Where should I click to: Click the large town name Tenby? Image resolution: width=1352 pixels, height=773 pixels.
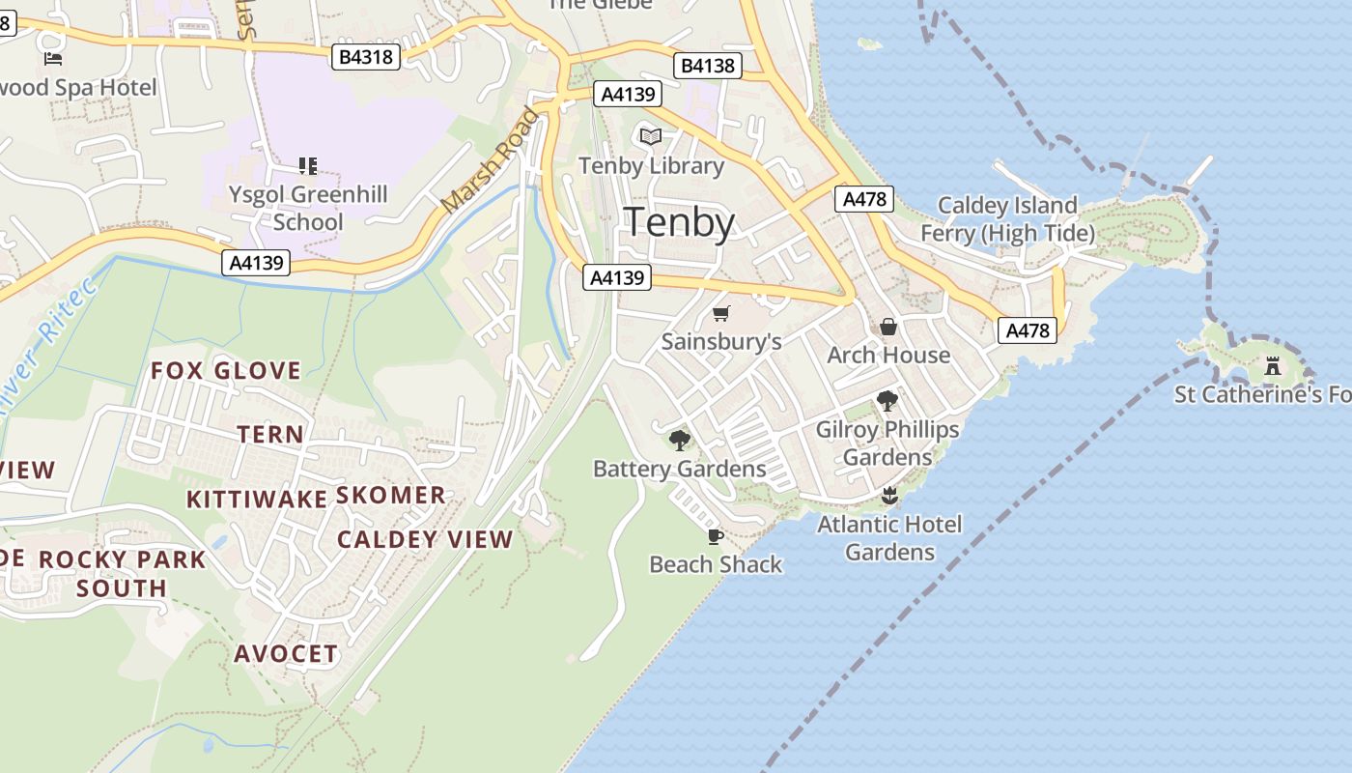[x=680, y=222]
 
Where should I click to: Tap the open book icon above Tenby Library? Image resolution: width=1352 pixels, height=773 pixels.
[x=652, y=137]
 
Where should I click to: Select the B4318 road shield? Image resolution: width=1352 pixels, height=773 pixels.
[x=367, y=57]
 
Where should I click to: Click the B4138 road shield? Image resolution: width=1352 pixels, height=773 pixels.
[x=708, y=66]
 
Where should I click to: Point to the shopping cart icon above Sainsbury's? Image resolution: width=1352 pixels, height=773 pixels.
[x=720, y=313]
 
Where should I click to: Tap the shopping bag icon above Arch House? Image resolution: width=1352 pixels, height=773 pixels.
[x=888, y=327]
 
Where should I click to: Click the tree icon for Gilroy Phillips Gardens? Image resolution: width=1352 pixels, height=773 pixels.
[x=887, y=401]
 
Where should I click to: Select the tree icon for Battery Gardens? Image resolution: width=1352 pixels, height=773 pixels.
[x=680, y=441]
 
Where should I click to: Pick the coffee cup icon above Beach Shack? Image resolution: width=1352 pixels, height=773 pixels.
[x=715, y=536]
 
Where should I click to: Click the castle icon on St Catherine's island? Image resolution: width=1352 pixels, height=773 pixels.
[x=1272, y=366]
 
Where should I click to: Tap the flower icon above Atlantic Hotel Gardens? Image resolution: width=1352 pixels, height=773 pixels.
[x=889, y=497]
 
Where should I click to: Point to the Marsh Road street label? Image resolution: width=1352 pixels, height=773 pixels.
[x=491, y=161]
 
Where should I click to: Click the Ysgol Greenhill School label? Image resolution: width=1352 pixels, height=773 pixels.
[x=308, y=208]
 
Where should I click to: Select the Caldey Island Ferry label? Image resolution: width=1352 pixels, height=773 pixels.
[x=1007, y=219]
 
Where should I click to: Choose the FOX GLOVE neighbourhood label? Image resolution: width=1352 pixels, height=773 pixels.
[x=226, y=371]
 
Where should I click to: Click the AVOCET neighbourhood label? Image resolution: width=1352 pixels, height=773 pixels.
[x=287, y=654]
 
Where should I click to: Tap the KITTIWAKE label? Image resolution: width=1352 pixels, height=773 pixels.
[x=257, y=500]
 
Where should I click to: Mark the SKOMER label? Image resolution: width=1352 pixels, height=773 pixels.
[x=391, y=496]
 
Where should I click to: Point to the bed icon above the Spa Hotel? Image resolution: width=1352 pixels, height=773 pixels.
[x=54, y=59]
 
